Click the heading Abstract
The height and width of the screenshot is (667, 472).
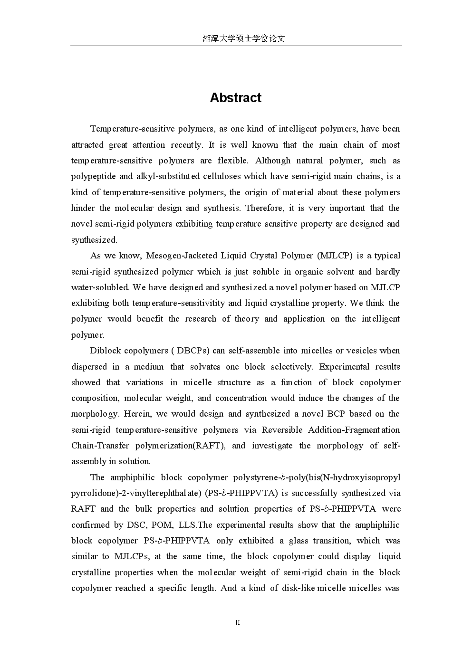236,98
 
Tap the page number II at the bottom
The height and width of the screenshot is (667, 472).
238,622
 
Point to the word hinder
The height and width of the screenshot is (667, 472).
83,208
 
